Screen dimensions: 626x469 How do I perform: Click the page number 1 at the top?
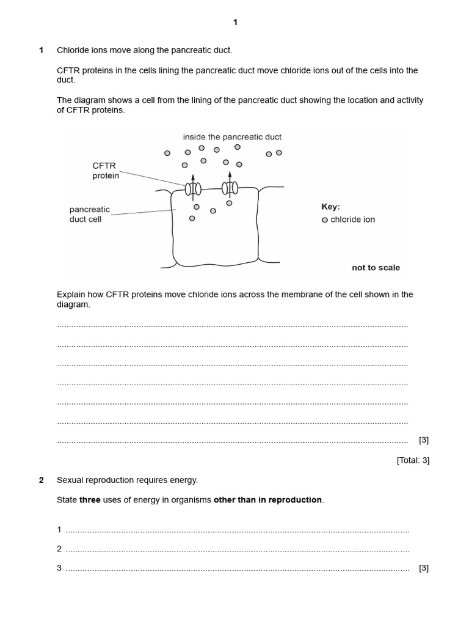pyautogui.click(x=235, y=23)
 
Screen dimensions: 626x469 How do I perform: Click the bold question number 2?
pyautogui.click(x=41, y=480)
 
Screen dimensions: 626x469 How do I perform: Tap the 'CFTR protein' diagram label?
pyautogui.click(x=104, y=171)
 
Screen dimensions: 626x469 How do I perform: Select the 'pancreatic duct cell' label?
pyautogui.click(x=89, y=215)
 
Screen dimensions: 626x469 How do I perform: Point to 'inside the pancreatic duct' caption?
pyautogui.click(x=232, y=137)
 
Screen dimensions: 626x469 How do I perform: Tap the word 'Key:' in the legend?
pyautogui.click(x=330, y=207)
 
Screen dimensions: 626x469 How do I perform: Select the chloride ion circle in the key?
pyautogui.click(x=325, y=220)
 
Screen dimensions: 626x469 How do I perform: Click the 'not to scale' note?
pyautogui.click(x=376, y=268)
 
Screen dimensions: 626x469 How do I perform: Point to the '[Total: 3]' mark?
pyautogui.click(x=413, y=460)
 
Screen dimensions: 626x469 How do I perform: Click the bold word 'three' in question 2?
pyautogui.click(x=90, y=500)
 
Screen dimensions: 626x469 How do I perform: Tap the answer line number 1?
pyautogui.click(x=60, y=529)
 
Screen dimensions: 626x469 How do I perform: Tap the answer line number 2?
pyautogui.click(x=60, y=548)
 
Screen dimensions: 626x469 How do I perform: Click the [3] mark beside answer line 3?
pyautogui.click(x=424, y=568)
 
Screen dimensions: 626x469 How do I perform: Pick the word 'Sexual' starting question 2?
pyautogui.click(x=71, y=480)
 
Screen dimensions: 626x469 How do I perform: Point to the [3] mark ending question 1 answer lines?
pyautogui.click(x=424, y=440)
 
